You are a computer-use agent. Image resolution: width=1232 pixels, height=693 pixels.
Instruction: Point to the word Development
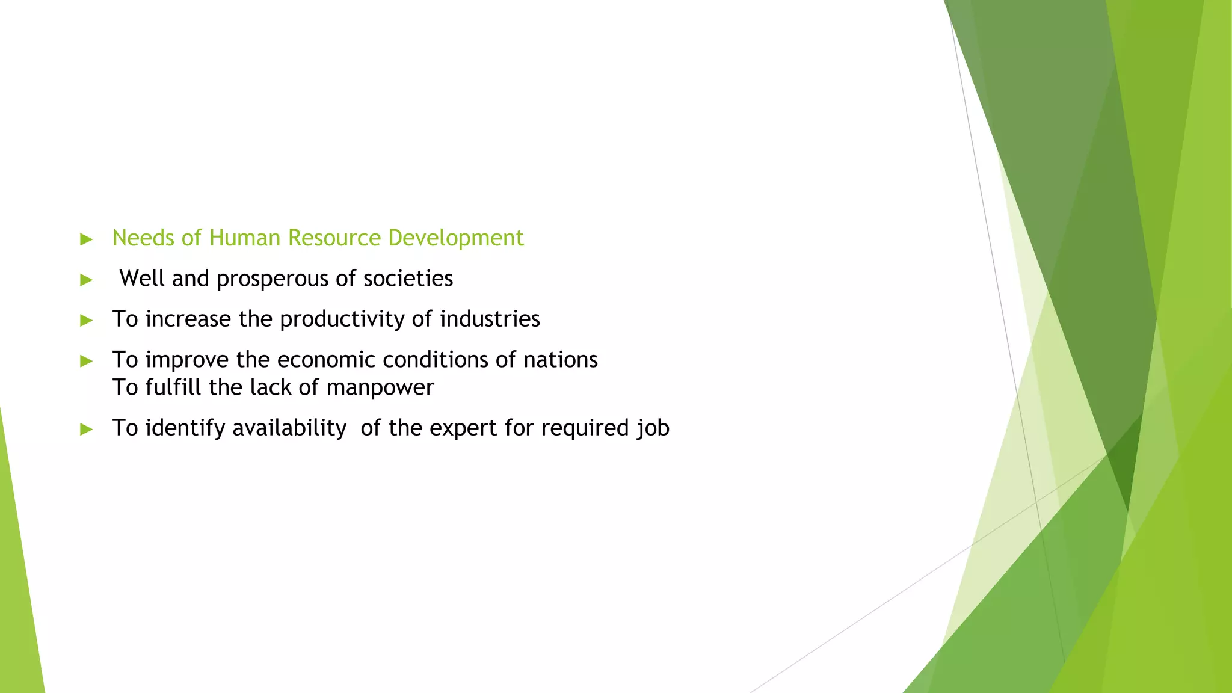pos(455,239)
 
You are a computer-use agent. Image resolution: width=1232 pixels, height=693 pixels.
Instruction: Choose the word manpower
pos(380,388)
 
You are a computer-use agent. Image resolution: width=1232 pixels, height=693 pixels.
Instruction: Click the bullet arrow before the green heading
pos(87,239)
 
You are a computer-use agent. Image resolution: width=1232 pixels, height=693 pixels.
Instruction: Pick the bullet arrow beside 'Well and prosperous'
pos(87,280)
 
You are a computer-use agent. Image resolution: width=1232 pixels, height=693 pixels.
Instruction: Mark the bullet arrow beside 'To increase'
pos(87,320)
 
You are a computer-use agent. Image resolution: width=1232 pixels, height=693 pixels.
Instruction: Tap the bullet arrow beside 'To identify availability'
pos(87,429)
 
